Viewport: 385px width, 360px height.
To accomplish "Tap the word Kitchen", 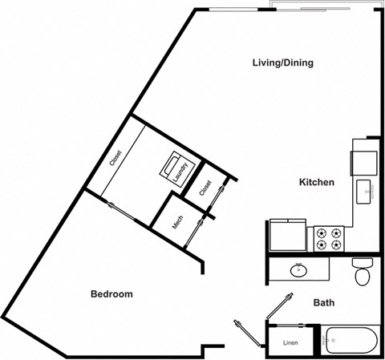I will [316, 183].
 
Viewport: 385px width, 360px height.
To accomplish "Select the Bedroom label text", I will [111, 294].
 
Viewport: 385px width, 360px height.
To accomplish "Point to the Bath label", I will [325, 303].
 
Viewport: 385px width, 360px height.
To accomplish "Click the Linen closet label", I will [290, 342].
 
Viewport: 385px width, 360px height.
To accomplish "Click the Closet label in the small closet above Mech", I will [206, 188].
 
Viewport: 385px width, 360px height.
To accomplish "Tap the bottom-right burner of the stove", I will [334, 245].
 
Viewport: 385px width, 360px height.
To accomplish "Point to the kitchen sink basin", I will [363, 190].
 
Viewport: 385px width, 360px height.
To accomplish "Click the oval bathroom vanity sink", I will [299, 269].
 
